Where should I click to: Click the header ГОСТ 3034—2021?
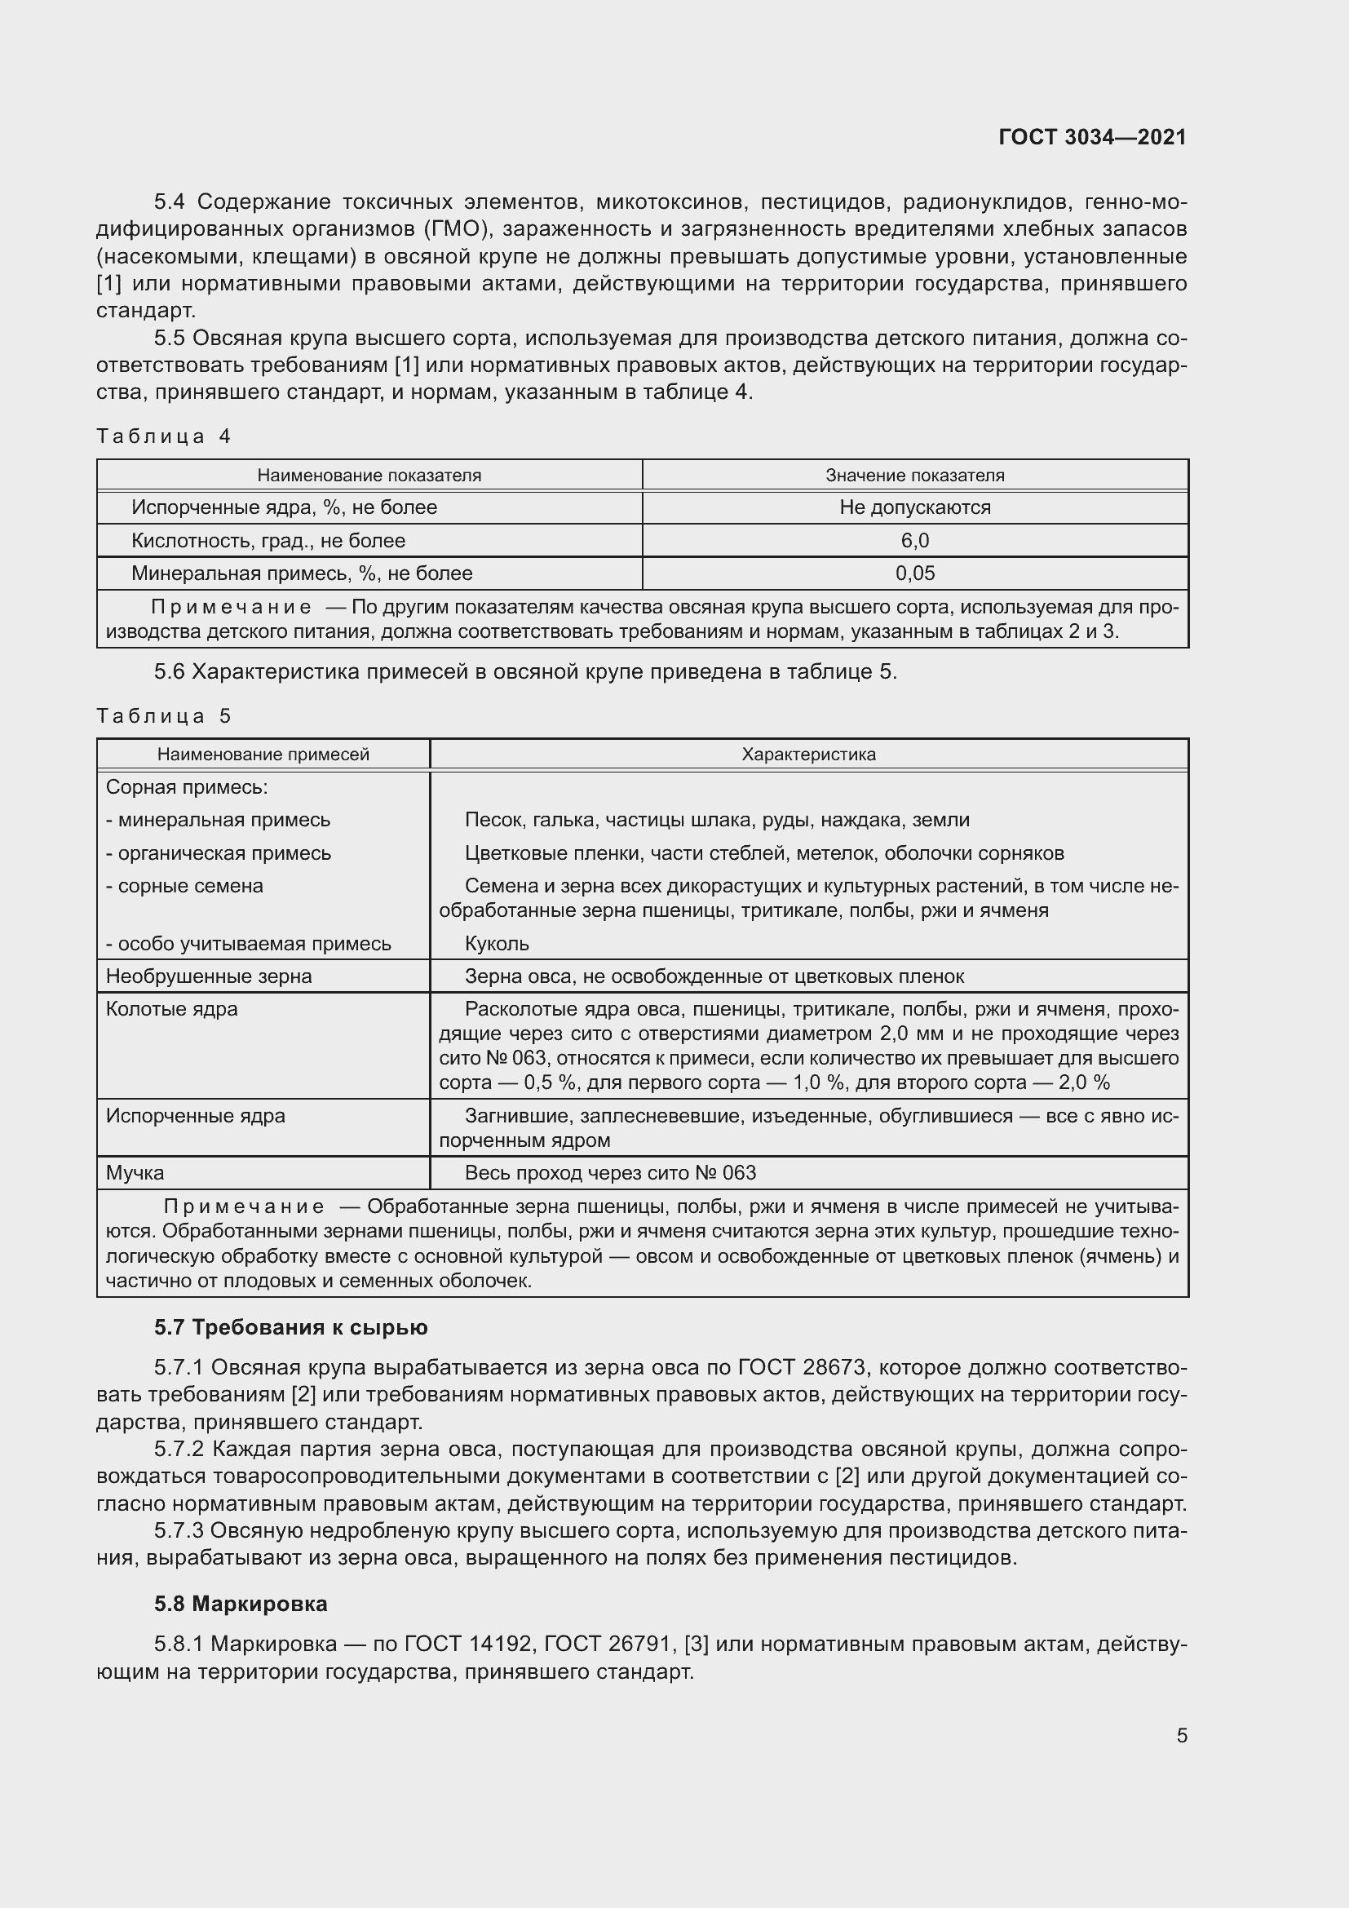(1092, 137)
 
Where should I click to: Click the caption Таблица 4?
(164, 436)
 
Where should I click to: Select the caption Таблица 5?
(164, 716)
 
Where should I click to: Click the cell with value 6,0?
(914, 541)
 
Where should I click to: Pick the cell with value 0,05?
(914, 573)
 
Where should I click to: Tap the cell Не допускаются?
(914, 507)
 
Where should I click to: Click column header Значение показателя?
(914, 476)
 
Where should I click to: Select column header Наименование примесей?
(263, 755)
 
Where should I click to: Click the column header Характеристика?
(808, 755)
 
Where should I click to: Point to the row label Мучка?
(135, 1172)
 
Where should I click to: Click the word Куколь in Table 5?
(497, 944)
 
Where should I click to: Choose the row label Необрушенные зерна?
(209, 976)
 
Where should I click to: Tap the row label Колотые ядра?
(172, 1009)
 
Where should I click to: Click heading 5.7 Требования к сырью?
(290, 1327)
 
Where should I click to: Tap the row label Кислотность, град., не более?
(268, 541)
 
